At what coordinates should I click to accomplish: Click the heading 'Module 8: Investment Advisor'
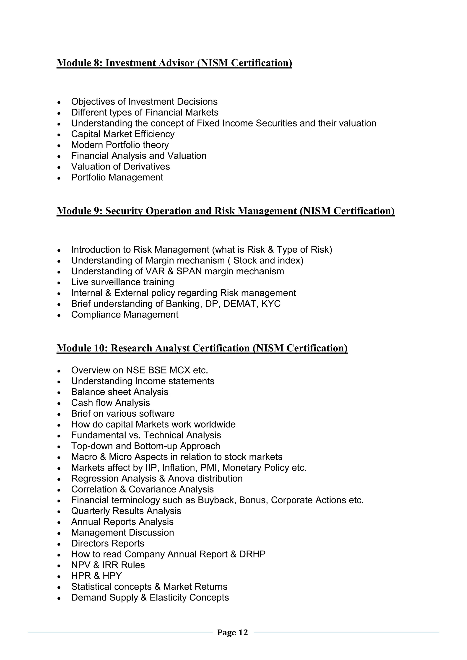coord(174,63)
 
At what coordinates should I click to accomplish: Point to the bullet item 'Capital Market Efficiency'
coord(123,134)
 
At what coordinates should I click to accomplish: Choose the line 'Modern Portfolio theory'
coord(120,145)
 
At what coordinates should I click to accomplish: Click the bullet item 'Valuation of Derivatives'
coord(120,167)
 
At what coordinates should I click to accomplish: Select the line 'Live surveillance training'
coord(122,282)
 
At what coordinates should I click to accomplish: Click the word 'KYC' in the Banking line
coord(271,304)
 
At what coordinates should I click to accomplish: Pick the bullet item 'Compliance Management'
coord(125,315)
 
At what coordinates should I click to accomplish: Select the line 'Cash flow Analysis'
coord(110,403)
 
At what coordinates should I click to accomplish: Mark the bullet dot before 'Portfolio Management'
coord(59,178)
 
